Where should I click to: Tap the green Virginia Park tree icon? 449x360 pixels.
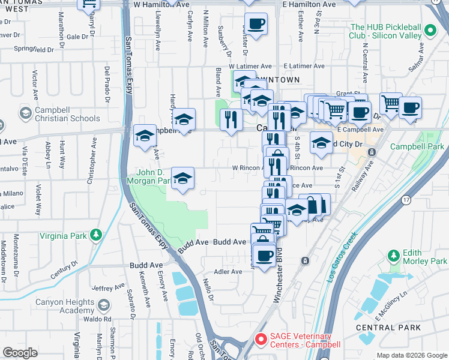[95, 234]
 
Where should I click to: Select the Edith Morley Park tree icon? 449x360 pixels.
[393, 256]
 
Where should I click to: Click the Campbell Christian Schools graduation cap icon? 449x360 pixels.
[26, 113]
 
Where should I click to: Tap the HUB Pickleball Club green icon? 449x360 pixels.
[430, 31]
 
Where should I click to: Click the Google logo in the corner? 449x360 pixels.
[20, 352]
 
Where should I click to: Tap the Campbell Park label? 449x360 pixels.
[417, 146]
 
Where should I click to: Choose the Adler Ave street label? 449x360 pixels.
[228, 271]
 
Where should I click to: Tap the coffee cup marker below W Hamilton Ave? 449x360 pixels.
[256, 25]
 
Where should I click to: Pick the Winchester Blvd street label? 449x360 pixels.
[282, 278]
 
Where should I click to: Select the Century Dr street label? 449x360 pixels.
[65, 269]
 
